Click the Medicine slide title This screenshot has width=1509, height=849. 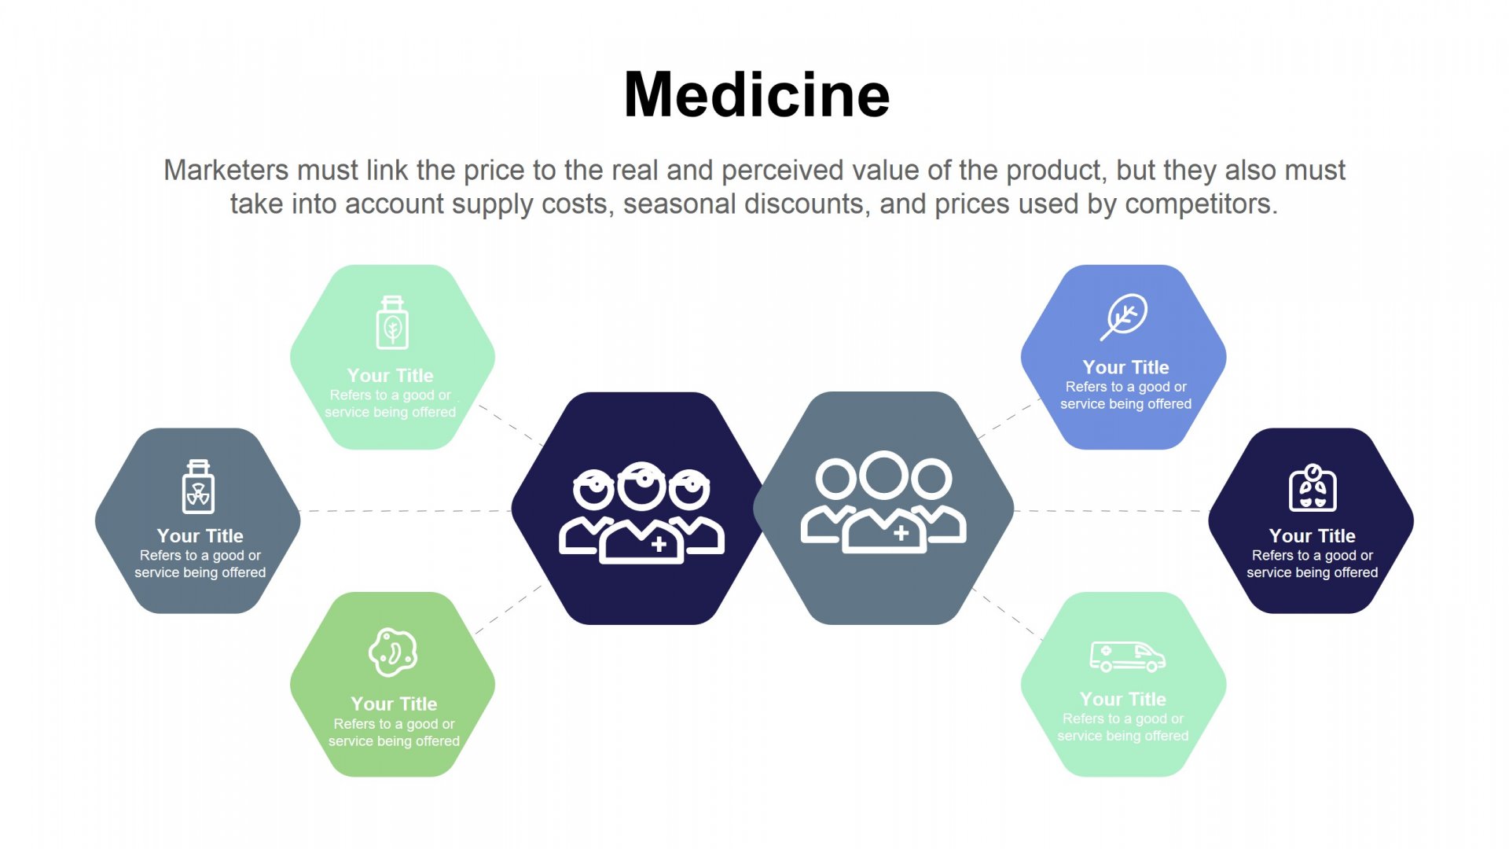click(756, 94)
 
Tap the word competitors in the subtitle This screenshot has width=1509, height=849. click(1202, 204)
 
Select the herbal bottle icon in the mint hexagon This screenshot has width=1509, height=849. click(392, 322)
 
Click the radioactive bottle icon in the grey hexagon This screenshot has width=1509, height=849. click(198, 487)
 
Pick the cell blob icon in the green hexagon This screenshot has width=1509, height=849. click(393, 652)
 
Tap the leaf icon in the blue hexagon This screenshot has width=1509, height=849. click(1123, 317)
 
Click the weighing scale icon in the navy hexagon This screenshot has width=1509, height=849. click(1313, 487)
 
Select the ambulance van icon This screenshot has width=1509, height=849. click(1127, 656)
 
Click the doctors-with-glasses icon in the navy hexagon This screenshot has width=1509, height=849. click(641, 513)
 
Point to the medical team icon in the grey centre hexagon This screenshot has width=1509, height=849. click(883, 502)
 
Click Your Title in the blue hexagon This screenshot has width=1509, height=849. click(1125, 367)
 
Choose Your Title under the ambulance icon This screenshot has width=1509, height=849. click(1122, 699)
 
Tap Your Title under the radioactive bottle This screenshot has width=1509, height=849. click(200, 535)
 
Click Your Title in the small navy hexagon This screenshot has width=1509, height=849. click(1312, 535)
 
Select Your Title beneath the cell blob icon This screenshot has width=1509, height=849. click(394, 704)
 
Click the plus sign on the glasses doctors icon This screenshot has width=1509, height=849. click(659, 543)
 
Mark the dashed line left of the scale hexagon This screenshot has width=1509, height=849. click(1111, 511)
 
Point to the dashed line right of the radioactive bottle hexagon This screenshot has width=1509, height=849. click(406, 511)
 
